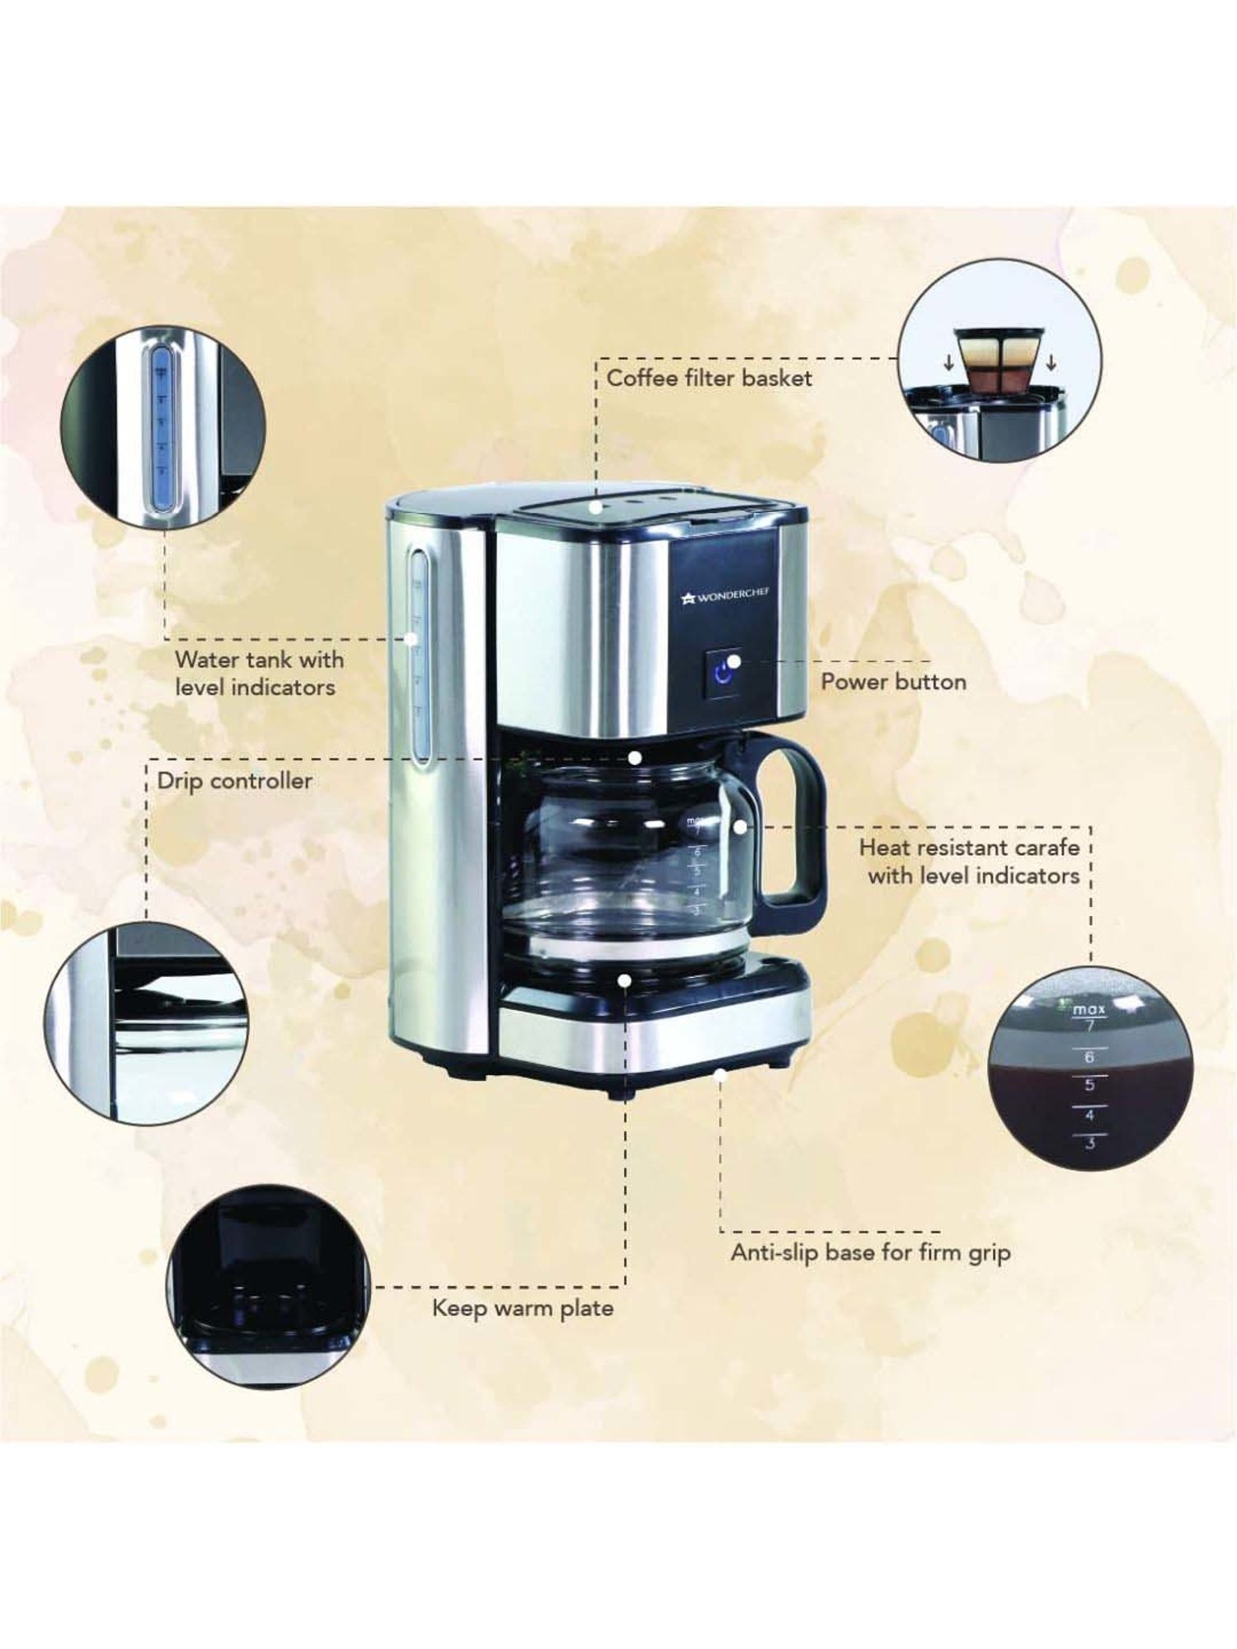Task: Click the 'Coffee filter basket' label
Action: click(709, 378)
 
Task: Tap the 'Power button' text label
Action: click(893, 682)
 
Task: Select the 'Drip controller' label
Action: click(234, 781)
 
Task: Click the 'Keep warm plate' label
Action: click(523, 1308)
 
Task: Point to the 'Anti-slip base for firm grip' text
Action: click(870, 1252)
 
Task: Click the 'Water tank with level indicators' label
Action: click(258, 673)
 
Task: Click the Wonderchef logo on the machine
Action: click(726, 594)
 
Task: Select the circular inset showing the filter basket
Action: click(999, 359)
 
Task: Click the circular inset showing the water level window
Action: click(163, 426)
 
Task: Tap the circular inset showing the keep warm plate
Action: click(268, 1286)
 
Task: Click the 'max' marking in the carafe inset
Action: click(1089, 1009)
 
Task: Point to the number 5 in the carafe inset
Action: click(1089, 1085)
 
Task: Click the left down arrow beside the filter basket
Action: click(949, 363)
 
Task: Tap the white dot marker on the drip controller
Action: click(634, 757)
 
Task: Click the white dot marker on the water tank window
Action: click(410, 637)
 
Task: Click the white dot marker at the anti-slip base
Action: click(720, 1073)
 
